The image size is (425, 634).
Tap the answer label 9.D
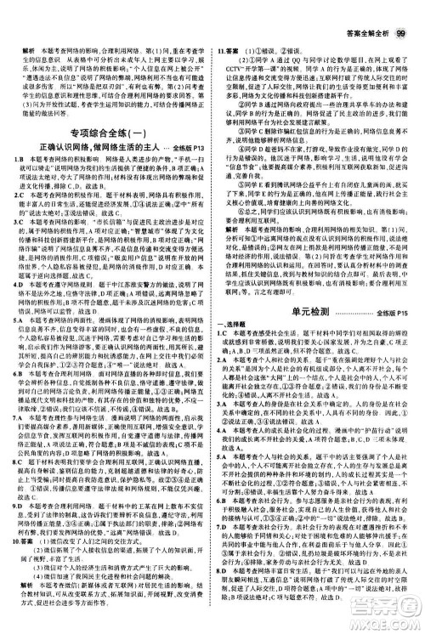click(x=16, y=527)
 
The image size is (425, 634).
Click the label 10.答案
click(x=20, y=563)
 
